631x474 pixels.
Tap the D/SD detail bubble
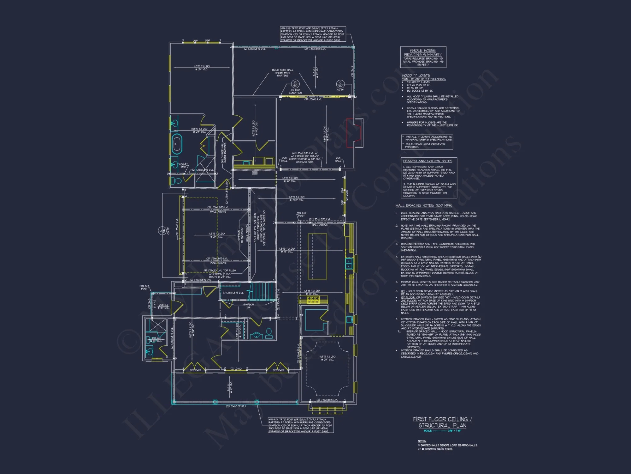point(295,84)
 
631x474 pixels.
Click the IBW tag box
point(255,173)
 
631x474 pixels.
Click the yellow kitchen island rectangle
point(317,256)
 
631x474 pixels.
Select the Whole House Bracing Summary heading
point(423,52)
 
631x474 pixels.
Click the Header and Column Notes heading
point(428,161)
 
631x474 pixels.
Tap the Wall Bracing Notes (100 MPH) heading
point(424,205)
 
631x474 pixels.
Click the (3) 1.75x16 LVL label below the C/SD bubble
point(313,99)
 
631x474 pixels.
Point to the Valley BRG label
point(183,165)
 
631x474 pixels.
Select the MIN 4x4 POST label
point(144,287)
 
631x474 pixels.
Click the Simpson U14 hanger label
point(248,306)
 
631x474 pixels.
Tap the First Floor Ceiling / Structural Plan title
point(442,422)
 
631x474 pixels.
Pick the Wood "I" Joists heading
point(416,76)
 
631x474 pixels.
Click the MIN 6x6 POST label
point(301,214)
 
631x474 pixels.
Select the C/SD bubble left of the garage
point(162,231)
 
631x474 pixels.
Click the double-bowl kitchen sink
point(349,263)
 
